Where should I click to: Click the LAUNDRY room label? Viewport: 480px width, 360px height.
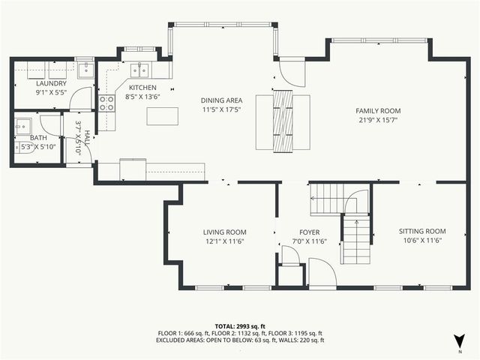[x=51, y=83]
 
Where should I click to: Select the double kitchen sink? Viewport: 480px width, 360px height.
[x=139, y=70]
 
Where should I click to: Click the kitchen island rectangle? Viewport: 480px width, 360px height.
[x=163, y=116]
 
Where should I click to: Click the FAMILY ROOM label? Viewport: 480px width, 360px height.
[x=378, y=110]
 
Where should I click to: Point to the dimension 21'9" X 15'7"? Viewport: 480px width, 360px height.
[x=378, y=119]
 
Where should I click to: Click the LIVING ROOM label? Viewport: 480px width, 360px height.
[x=224, y=232]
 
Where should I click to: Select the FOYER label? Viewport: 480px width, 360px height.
[x=309, y=232]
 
